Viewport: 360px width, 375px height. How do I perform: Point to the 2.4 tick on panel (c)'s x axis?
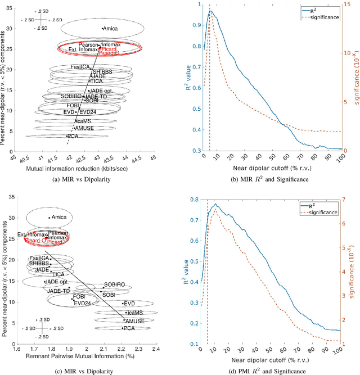click(154, 349)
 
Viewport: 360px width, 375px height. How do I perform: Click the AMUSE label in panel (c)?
click(134, 320)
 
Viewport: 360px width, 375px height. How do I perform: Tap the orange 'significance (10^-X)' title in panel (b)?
click(355, 79)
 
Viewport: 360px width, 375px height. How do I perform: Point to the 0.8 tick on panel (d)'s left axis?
click(195, 200)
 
